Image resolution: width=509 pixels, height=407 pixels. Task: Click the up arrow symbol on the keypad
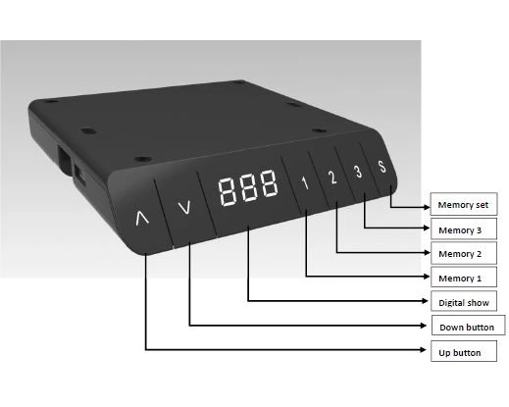click(142, 218)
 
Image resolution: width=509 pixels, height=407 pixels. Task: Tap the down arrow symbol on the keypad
click(184, 207)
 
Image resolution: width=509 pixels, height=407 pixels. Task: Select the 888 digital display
click(248, 188)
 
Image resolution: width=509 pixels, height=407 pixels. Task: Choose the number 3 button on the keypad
click(358, 172)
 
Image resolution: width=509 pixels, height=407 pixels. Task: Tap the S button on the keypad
click(382, 167)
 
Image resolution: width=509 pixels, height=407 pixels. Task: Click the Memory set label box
click(464, 204)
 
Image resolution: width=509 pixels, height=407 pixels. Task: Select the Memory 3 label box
click(464, 229)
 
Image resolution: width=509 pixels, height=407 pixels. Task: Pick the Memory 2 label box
click(464, 253)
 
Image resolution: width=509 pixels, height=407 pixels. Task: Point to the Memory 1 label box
click(464, 278)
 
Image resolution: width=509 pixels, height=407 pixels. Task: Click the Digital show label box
click(464, 301)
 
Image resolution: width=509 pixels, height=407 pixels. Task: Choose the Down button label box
click(468, 326)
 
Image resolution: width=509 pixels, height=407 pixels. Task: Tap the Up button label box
click(464, 351)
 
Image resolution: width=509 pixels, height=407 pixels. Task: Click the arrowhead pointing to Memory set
click(427, 207)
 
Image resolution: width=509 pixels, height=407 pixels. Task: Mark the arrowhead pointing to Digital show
click(425, 301)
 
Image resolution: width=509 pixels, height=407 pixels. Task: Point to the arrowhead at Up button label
click(424, 350)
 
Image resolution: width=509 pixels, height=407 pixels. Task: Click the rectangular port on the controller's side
click(65, 160)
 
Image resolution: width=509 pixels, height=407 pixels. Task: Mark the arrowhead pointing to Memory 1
click(427, 277)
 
